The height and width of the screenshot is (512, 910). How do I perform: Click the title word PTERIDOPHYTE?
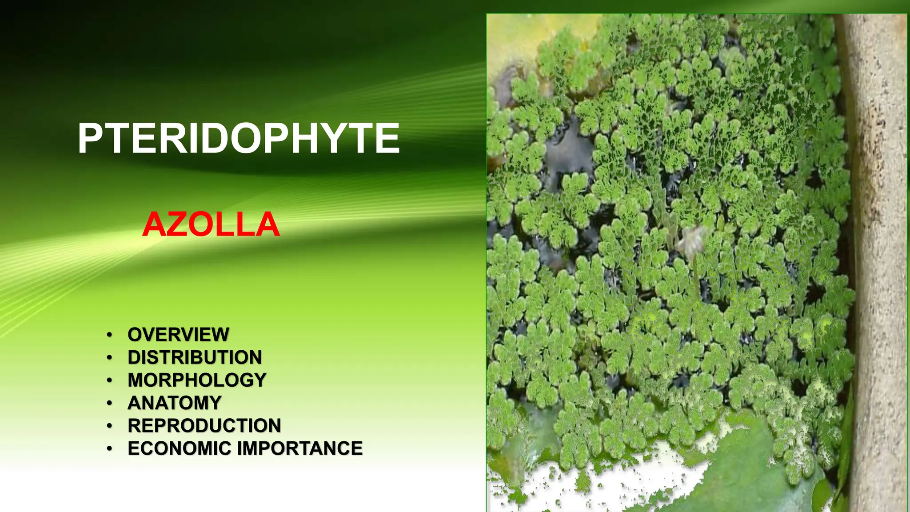[x=239, y=139]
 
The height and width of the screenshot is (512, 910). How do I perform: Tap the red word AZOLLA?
[x=211, y=224]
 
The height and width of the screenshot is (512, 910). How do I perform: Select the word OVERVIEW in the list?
[x=178, y=335]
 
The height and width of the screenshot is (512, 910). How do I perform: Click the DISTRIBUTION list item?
[x=195, y=357]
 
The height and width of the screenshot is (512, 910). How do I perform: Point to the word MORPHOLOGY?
[x=197, y=380]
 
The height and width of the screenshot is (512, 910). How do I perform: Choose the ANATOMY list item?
[x=174, y=403]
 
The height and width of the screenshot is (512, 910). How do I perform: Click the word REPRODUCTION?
[x=204, y=426]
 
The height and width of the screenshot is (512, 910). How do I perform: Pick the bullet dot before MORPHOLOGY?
[x=109, y=380]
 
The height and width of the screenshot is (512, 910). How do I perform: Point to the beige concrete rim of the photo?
[x=878, y=222]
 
